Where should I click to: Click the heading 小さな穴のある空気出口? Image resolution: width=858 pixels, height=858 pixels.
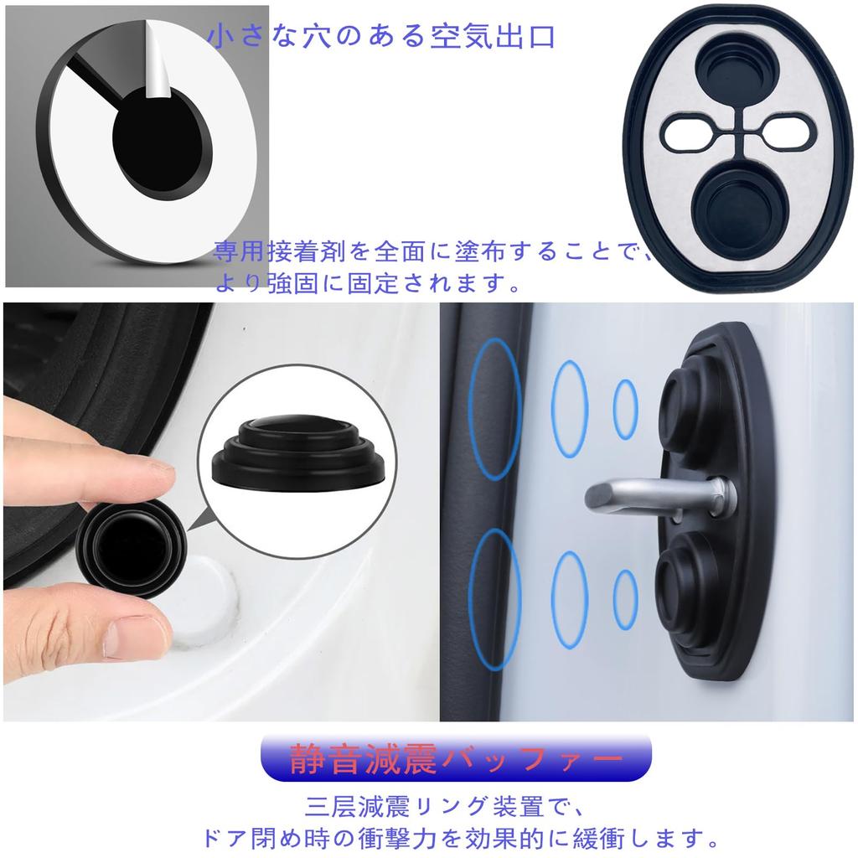(382, 38)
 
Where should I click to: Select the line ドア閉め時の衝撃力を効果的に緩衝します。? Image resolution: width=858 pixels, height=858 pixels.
(462, 837)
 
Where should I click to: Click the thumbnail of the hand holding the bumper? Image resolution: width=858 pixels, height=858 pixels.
(217, 511)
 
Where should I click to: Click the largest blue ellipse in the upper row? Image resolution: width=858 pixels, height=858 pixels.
(494, 409)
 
